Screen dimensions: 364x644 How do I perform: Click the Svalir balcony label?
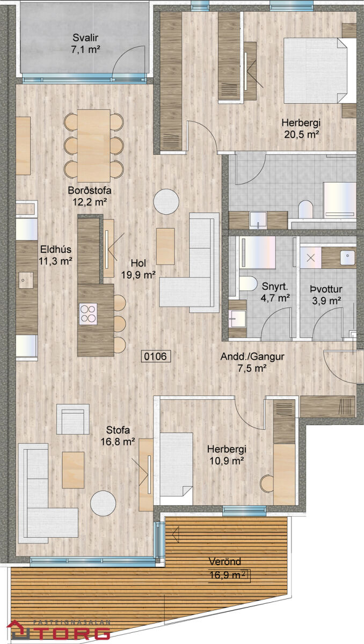pyautogui.click(x=85, y=38)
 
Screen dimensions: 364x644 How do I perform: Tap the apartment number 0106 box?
pyautogui.click(x=156, y=356)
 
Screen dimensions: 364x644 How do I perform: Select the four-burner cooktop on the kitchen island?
pyautogui.click(x=88, y=314)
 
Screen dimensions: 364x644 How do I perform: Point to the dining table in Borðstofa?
pyautogui.click(x=94, y=145)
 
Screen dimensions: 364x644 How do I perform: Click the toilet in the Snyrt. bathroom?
pyautogui.click(x=248, y=283)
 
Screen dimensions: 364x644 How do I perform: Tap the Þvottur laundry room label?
pyautogui.click(x=326, y=289)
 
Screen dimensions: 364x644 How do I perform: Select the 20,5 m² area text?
pyautogui.click(x=302, y=134)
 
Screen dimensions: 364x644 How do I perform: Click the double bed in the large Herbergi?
pyautogui.click(x=319, y=70)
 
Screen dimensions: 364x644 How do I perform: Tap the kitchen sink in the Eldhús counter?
pyautogui.click(x=26, y=280)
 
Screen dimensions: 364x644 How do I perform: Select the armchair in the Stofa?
pyautogui.click(x=72, y=419)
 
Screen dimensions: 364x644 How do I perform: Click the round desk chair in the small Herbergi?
pyautogui.click(x=267, y=484)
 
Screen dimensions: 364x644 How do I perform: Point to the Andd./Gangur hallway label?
pyautogui.click(x=252, y=356)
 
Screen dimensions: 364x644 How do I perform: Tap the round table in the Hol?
pyautogui.click(x=166, y=201)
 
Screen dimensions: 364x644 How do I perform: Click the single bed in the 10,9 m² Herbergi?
pyautogui.click(x=176, y=469)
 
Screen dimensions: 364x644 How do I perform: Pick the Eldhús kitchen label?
pyautogui.click(x=55, y=249)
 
